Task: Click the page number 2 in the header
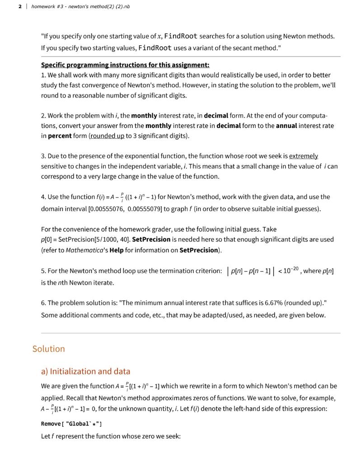[x=20, y=7]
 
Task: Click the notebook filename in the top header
[x=81, y=7]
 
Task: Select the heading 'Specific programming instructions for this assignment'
[x=125, y=65]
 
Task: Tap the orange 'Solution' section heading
[x=48, y=349]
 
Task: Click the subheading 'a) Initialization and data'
[x=85, y=371]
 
